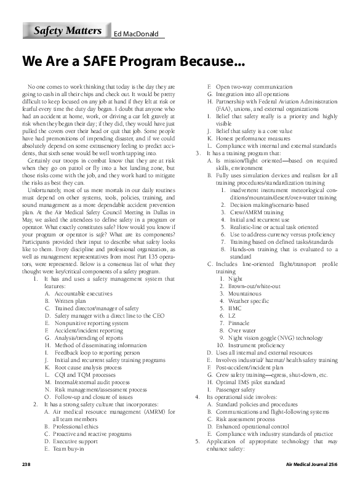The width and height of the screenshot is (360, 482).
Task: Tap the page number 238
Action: (26, 463)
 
